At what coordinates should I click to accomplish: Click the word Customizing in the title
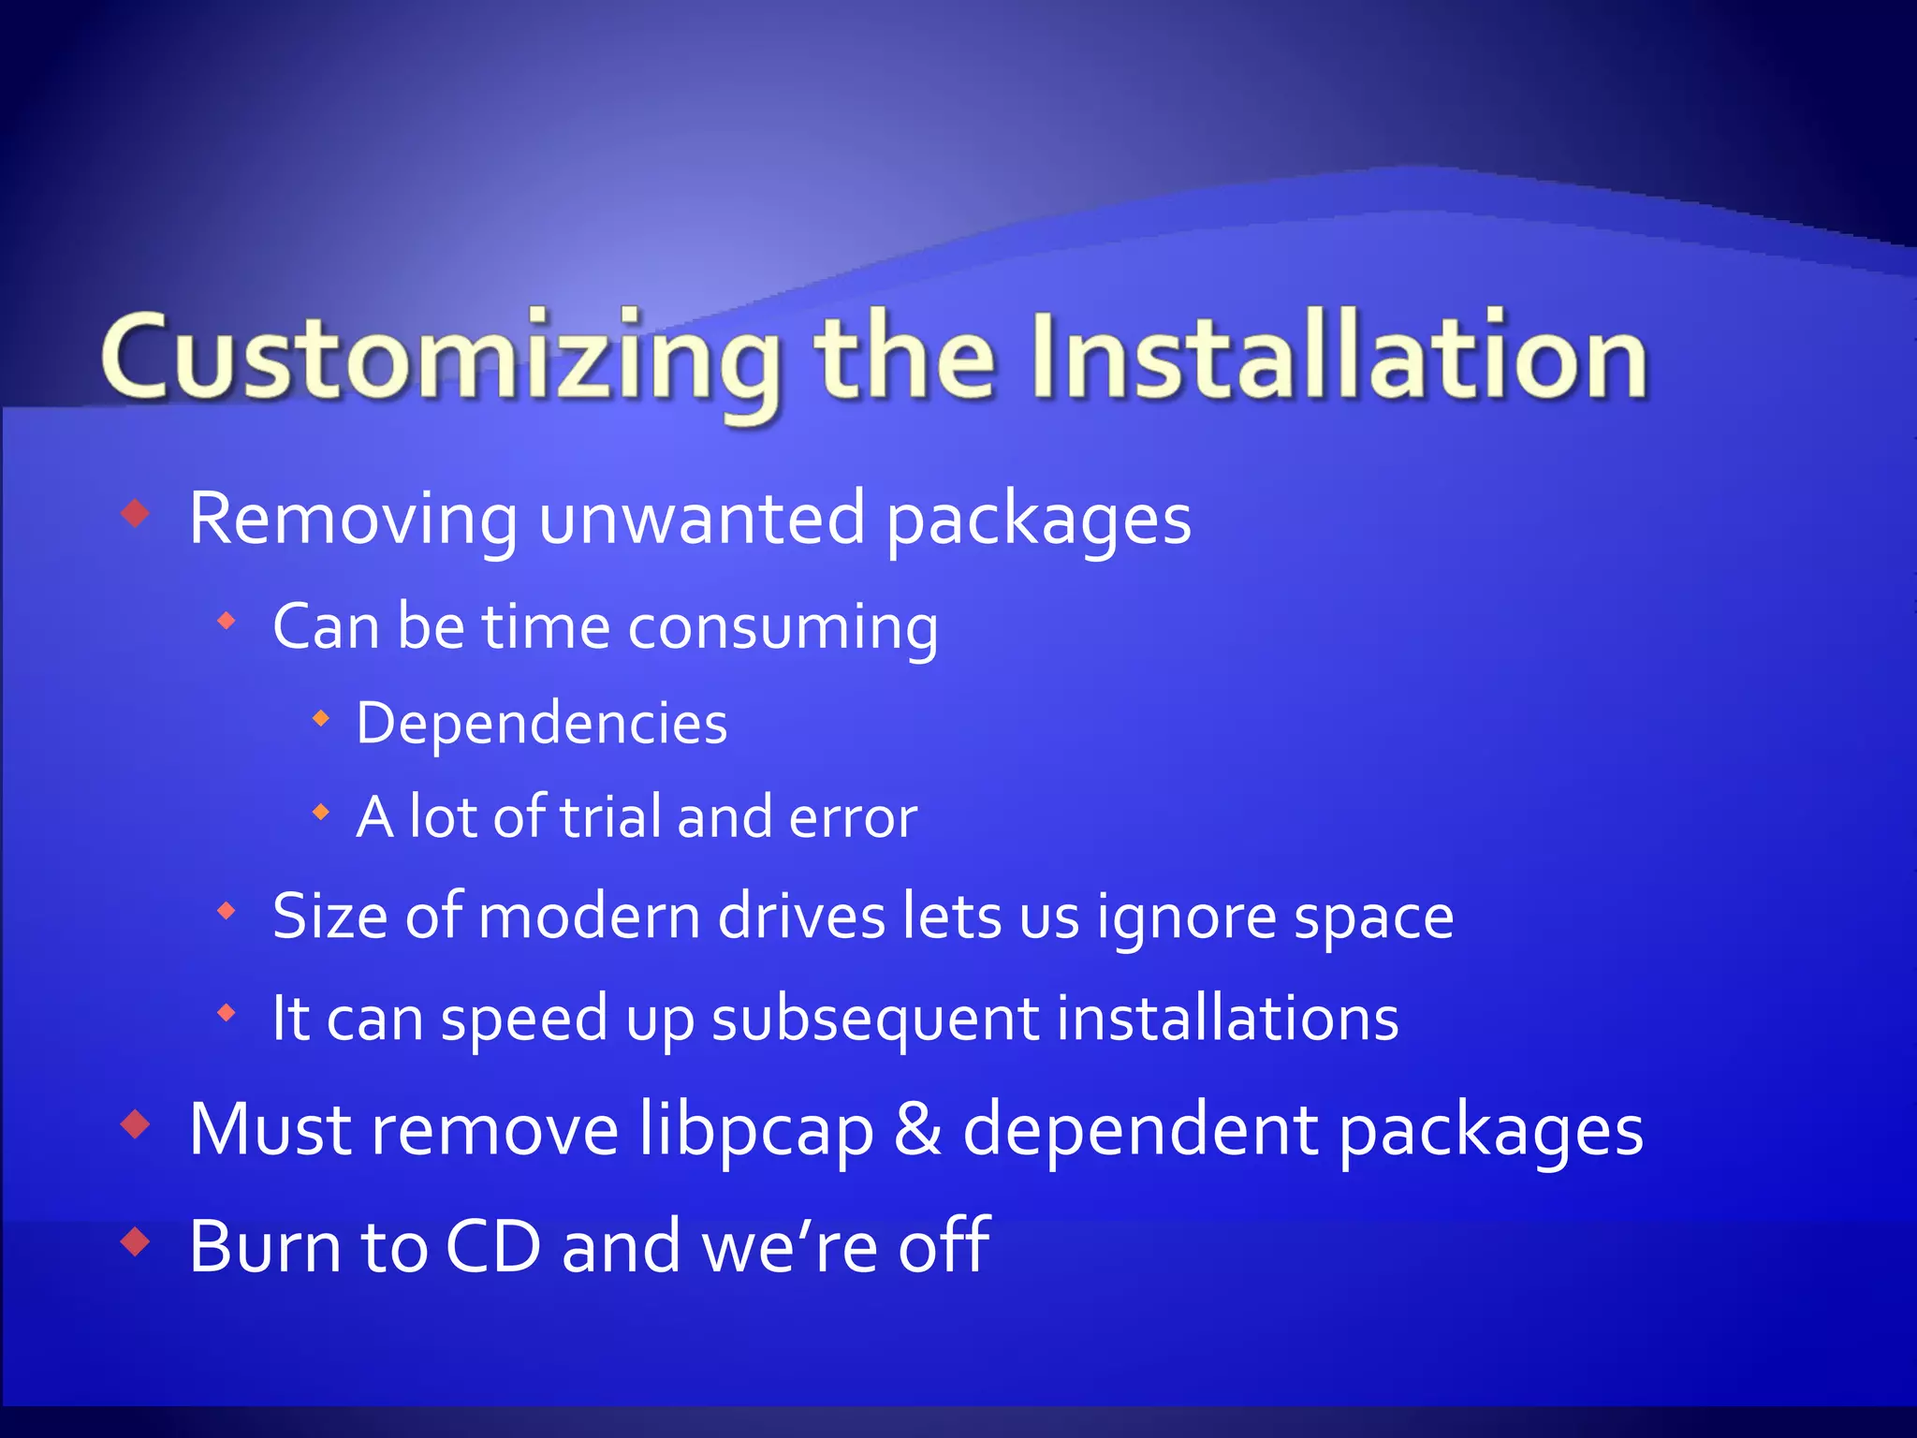click(x=440, y=360)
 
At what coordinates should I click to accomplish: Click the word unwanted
click(x=701, y=521)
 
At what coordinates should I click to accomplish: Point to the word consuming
click(x=783, y=627)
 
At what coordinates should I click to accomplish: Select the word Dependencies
click(x=541, y=724)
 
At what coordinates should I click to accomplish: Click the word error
click(x=853, y=817)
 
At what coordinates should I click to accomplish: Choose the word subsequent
click(x=875, y=1020)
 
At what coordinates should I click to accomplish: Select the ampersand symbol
click(x=917, y=1130)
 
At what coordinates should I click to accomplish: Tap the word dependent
click(x=1141, y=1131)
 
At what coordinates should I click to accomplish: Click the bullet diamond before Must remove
click(x=136, y=1124)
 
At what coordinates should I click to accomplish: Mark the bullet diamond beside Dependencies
click(x=321, y=719)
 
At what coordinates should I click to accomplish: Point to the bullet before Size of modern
click(x=226, y=910)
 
